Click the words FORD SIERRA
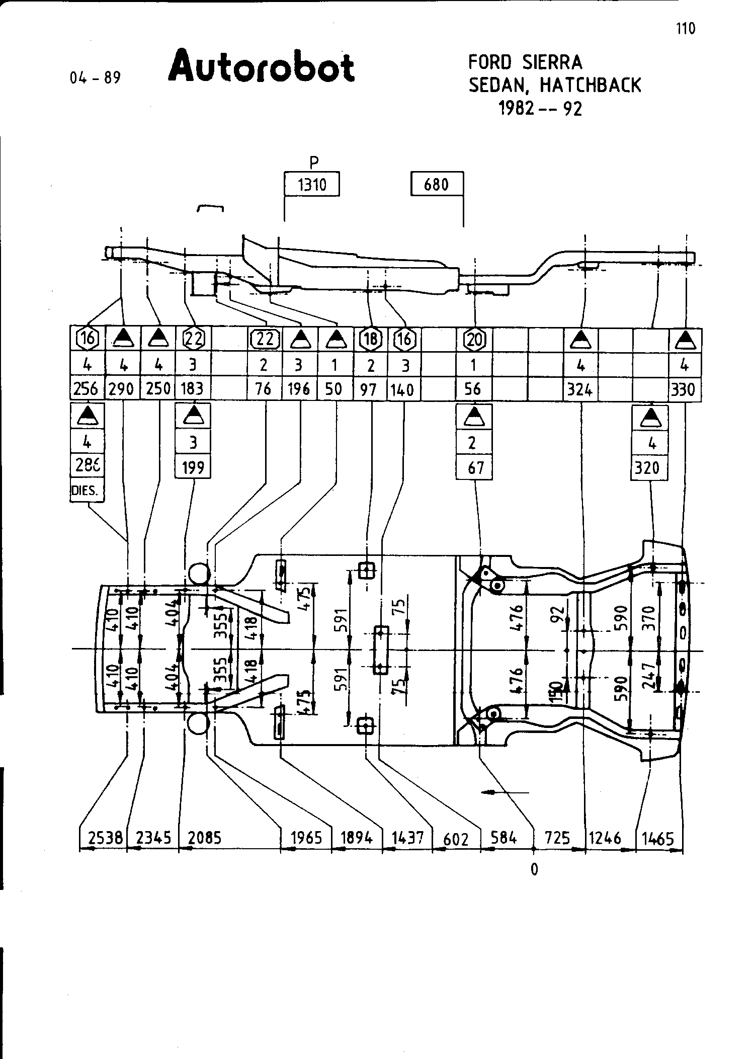525,63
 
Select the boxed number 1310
312,185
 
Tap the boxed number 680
436,185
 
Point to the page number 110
686,29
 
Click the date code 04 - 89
96,78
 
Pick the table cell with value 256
87,389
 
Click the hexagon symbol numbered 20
473,340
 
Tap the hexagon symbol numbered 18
371,340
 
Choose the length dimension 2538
105,838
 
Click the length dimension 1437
407,838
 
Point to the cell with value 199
193,467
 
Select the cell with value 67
474,467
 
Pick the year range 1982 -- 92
540,109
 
